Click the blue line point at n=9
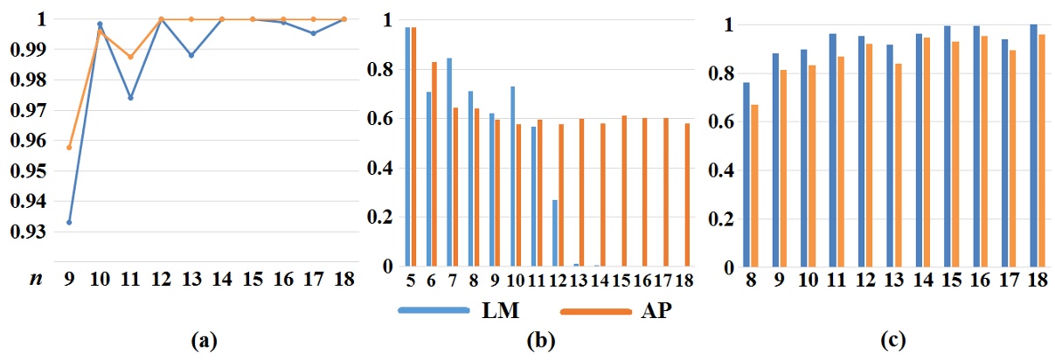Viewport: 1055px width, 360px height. (69, 222)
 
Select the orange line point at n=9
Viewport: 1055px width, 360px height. (69, 147)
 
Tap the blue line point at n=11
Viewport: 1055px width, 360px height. (130, 97)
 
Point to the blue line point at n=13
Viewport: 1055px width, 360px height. (191, 55)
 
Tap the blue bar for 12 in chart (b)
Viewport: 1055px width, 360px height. (555, 233)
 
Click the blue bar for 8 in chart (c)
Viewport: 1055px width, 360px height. (746, 175)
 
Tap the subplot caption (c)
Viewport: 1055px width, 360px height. (888, 342)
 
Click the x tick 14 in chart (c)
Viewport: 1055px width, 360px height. (922, 280)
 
